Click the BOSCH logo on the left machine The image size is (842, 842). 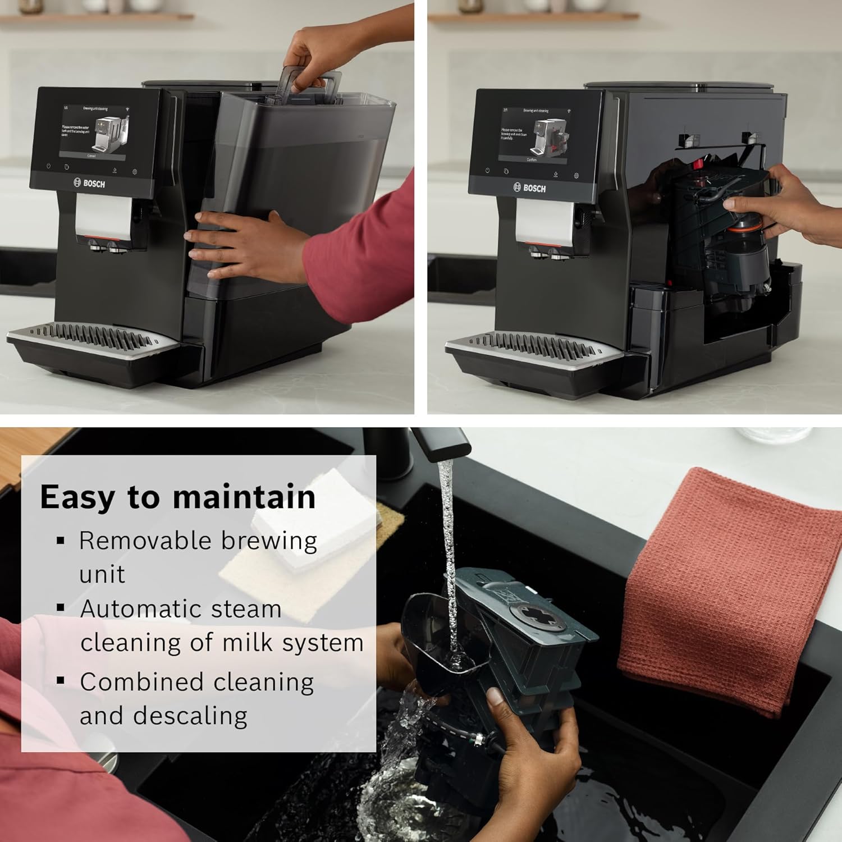[x=90, y=183]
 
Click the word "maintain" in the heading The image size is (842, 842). [x=244, y=497]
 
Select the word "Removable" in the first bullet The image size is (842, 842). [x=144, y=541]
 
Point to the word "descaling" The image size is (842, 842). [x=191, y=716]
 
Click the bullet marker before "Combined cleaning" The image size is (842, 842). [x=61, y=681]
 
